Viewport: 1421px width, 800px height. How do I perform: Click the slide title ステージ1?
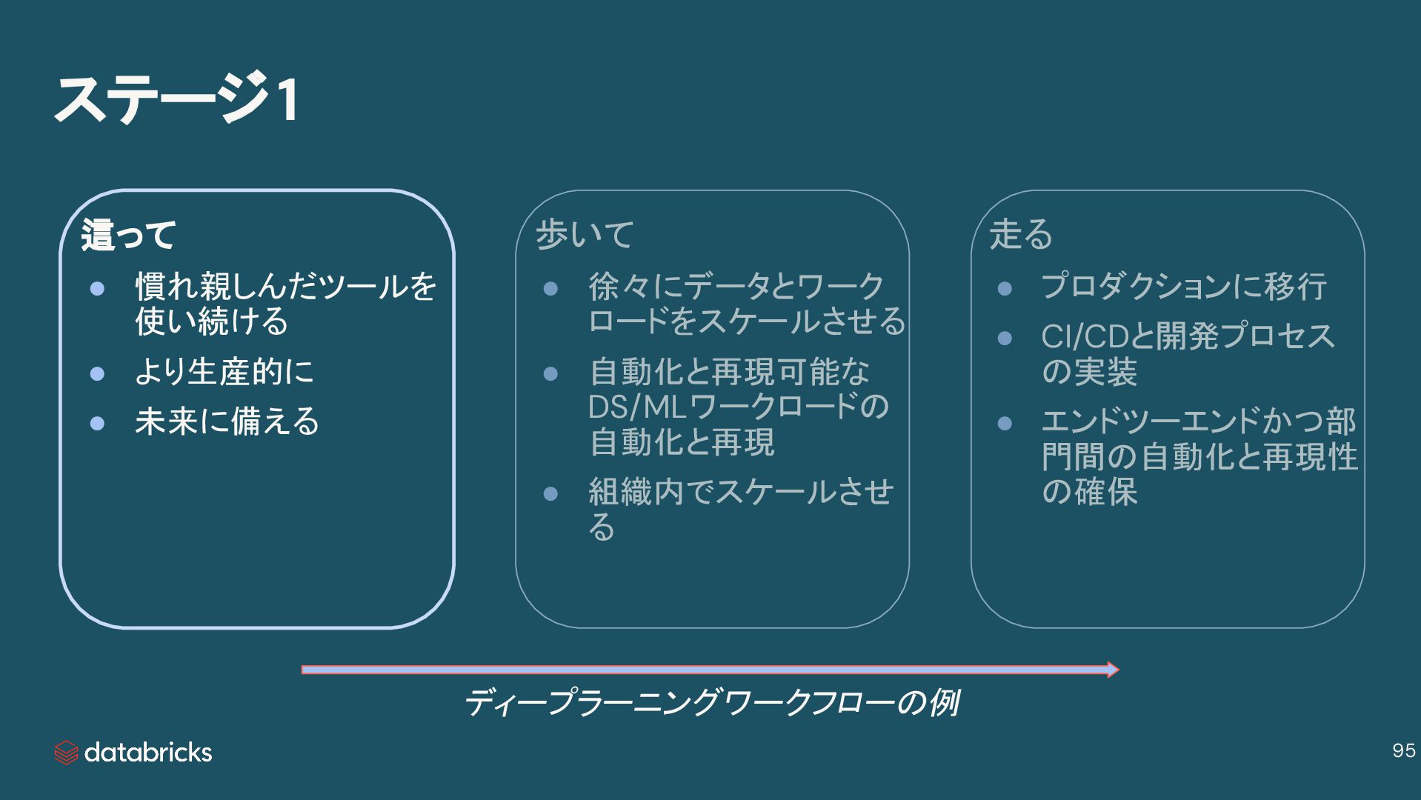pyautogui.click(x=176, y=99)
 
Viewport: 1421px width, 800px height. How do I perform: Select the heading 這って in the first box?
pyautogui.click(x=128, y=235)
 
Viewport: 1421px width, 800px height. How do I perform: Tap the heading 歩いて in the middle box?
pyautogui.click(x=585, y=234)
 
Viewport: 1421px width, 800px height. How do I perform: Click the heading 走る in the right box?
pyautogui.click(x=1021, y=234)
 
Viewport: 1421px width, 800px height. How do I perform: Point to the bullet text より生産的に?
pyautogui.click(x=224, y=371)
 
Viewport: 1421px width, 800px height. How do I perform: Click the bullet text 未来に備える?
pyautogui.click(x=227, y=421)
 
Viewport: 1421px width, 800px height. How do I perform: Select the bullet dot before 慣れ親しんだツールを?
pyautogui.click(x=97, y=288)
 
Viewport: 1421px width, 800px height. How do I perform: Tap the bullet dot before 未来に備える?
pyautogui.click(x=97, y=424)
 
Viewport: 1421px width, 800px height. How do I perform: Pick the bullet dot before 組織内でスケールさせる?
pyautogui.click(x=550, y=494)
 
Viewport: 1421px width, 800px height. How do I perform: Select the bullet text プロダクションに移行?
pyautogui.click(x=1183, y=287)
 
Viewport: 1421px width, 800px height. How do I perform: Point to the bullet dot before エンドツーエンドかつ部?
pyautogui.click(x=1005, y=424)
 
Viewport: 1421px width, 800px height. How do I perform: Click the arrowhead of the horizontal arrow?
pyautogui.click(x=1113, y=670)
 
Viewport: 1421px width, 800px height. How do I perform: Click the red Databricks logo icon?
pyautogui.click(x=66, y=753)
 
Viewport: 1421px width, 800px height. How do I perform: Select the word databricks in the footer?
pyautogui.click(x=148, y=753)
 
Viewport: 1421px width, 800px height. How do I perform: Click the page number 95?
pyautogui.click(x=1403, y=750)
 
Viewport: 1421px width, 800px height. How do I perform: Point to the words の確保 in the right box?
pyautogui.click(x=1089, y=491)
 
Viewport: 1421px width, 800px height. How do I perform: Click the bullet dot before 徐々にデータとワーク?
pyautogui.click(x=550, y=288)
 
